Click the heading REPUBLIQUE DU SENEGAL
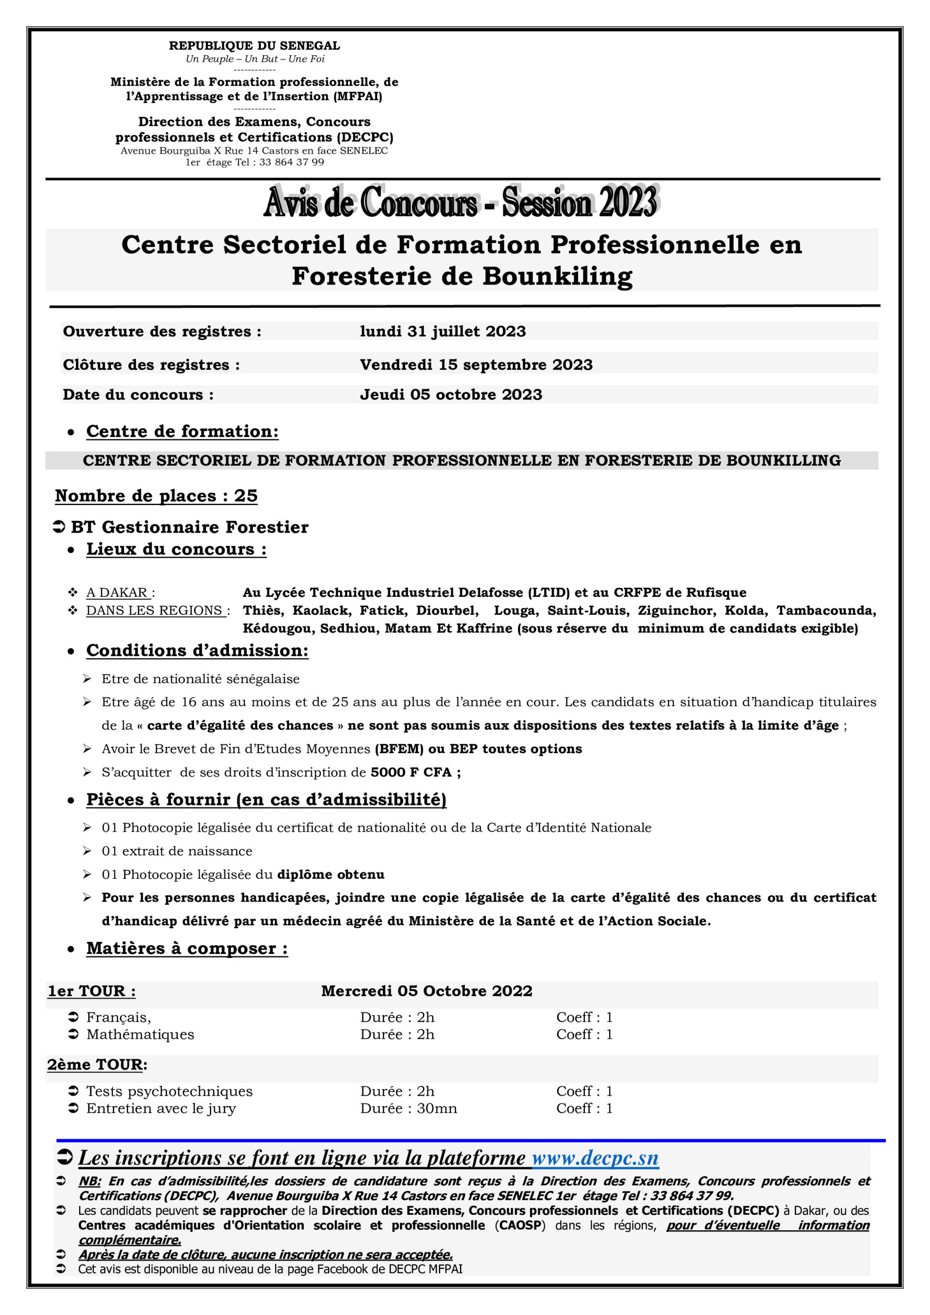254,46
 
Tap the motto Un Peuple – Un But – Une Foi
255,59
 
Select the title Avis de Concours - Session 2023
461,202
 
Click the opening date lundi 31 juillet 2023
443,332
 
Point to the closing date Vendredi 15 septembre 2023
476,365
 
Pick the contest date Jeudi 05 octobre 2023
451,394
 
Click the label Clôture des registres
151,365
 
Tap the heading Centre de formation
182,431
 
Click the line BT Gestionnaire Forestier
189,527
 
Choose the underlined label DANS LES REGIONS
154,611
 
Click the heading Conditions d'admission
197,651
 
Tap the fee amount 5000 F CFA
411,773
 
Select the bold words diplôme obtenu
330,875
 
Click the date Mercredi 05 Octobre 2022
427,991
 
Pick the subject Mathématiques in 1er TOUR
140,1035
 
